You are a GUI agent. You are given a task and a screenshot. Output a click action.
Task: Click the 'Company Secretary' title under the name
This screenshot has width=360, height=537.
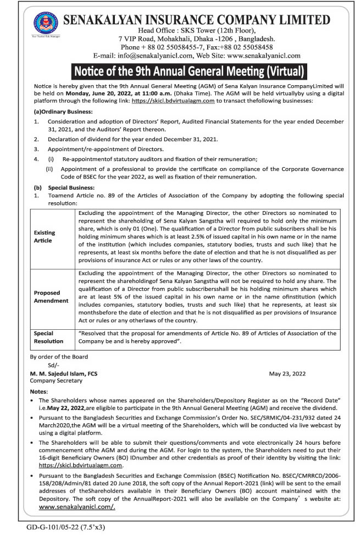56,380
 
